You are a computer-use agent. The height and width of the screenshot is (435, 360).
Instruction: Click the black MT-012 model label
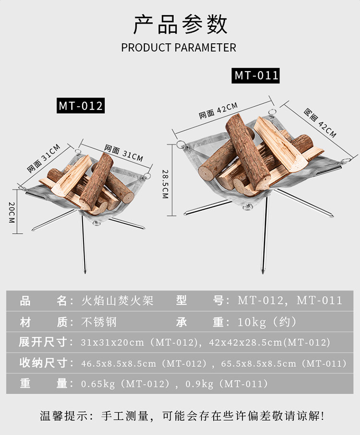[81, 105]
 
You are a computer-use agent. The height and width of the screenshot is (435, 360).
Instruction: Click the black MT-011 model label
[256, 75]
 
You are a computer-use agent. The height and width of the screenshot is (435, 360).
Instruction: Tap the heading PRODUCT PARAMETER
[179, 48]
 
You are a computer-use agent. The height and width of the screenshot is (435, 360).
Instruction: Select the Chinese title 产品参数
[180, 24]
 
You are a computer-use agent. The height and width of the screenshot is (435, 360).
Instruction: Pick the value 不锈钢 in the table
[99, 322]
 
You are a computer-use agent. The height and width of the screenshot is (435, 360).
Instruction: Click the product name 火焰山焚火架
[118, 301]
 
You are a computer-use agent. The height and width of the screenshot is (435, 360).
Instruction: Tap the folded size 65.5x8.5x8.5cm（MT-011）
[284, 363]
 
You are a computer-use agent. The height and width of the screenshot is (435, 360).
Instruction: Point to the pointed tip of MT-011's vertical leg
[263, 272]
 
